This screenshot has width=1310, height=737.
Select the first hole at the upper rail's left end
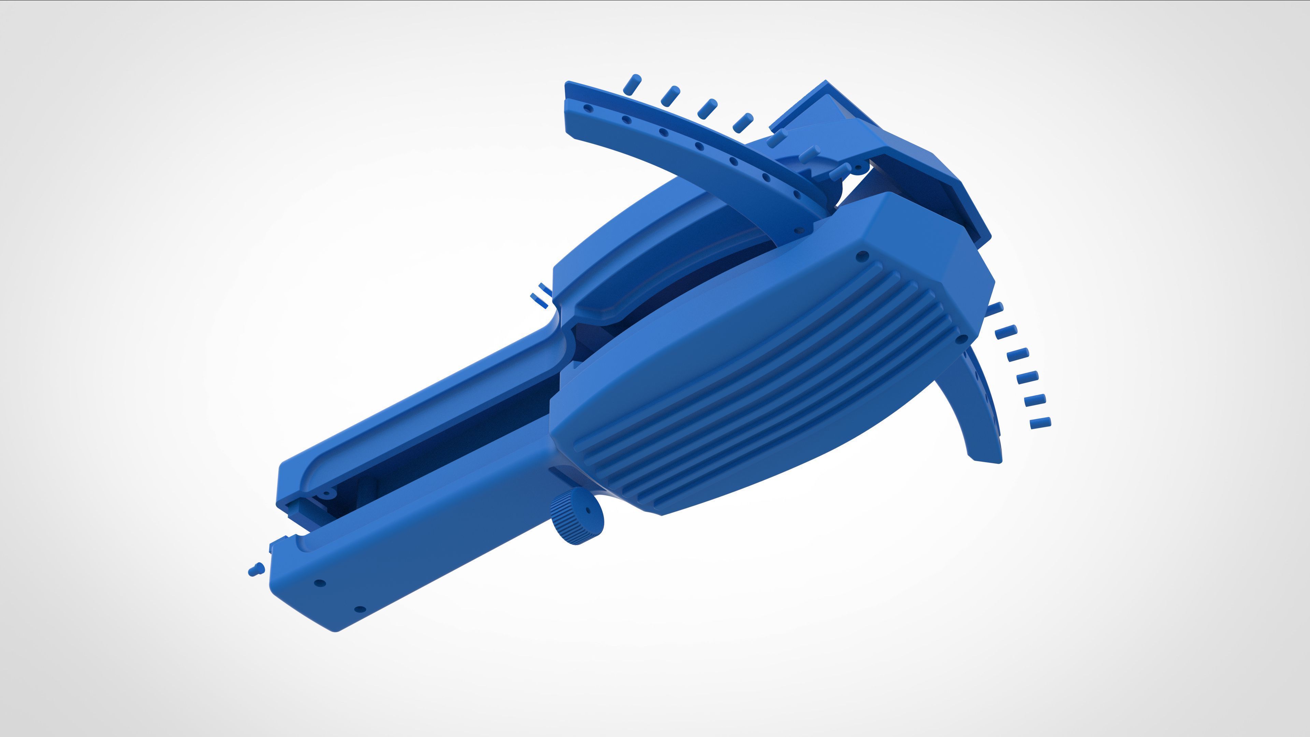click(x=587, y=108)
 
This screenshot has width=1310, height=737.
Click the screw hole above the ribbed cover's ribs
click(x=862, y=256)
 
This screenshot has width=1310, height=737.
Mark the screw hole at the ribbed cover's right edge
click(x=961, y=339)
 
